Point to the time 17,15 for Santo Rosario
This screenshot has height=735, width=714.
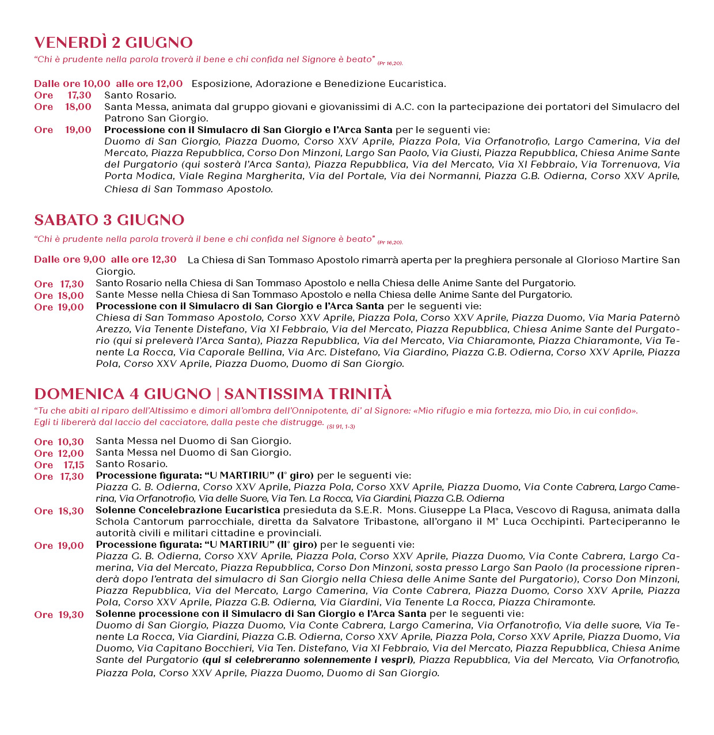tap(74, 465)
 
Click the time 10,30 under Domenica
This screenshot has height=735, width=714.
tap(71, 442)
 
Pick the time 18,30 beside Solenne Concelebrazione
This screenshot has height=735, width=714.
tap(71, 511)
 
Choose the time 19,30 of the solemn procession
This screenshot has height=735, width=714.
tap(71, 615)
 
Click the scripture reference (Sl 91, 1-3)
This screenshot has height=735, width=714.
tap(341, 426)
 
